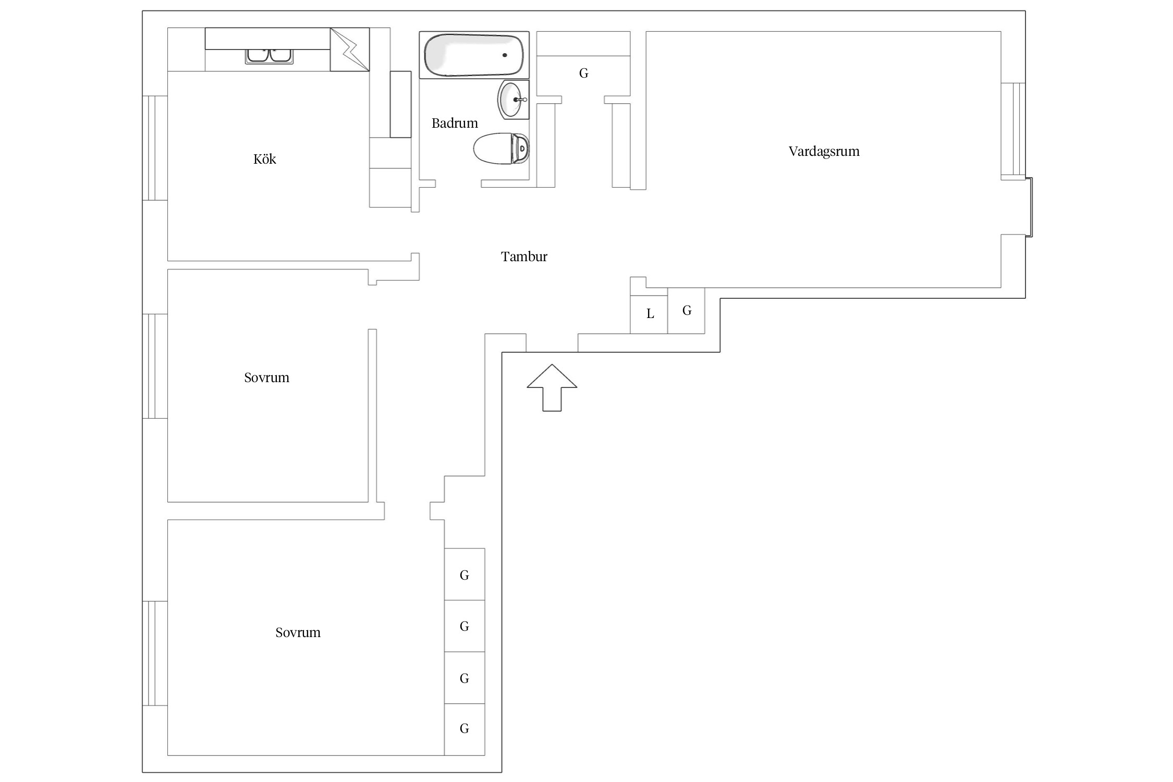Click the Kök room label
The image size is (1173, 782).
click(264, 159)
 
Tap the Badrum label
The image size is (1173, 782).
click(455, 123)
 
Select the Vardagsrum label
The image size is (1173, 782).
click(824, 151)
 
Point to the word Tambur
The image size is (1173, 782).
click(524, 256)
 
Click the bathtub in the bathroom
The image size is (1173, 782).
click(474, 55)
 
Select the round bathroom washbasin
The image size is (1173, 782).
click(514, 100)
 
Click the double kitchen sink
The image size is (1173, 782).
click(269, 56)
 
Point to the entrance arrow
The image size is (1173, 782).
click(552, 387)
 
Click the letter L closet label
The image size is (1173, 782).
click(650, 314)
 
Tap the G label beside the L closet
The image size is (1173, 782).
click(687, 311)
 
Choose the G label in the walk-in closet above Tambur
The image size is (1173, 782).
click(584, 74)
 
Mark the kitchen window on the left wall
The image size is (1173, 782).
click(155, 148)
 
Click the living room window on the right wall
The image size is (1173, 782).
click(1013, 131)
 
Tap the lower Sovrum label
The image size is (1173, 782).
click(298, 632)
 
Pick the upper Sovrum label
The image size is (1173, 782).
click(266, 377)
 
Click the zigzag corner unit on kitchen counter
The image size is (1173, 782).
click(350, 50)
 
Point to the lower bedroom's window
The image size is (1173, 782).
click(155, 653)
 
